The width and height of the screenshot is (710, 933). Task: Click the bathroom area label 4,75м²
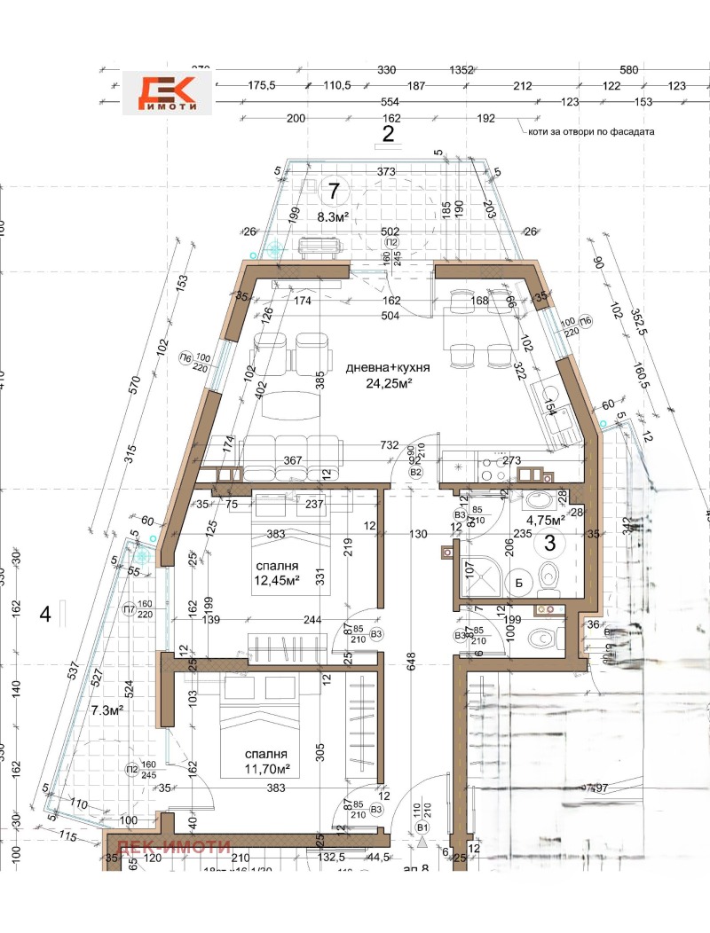[547, 521]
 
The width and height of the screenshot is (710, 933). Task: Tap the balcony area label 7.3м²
[107, 710]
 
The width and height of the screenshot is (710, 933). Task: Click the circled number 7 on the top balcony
[334, 190]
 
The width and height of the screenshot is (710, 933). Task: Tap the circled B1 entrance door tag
[423, 827]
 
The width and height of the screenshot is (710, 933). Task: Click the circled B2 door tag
[414, 473]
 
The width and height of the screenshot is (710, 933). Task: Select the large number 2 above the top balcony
[388, 134]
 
